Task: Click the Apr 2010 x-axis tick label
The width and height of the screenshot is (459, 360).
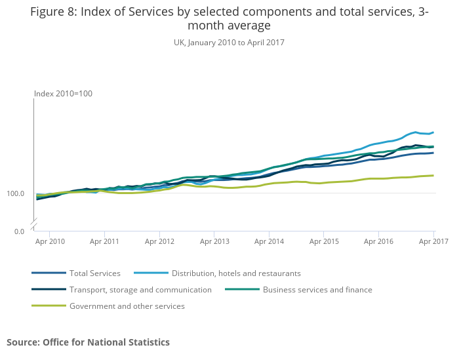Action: click(50, 242)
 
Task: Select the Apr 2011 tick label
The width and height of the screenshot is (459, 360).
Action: click(104, 242)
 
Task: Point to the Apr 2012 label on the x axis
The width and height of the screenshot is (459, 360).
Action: click(159, 242)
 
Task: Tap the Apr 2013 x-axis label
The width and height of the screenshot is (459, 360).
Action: click(214, 242)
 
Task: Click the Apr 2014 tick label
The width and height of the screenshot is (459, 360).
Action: click(269, 242)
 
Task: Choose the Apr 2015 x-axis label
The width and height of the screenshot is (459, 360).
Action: click(324, 242)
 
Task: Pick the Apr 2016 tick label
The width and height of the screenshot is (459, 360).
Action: click(379, 242)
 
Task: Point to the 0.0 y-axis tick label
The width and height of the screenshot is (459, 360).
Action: click(19, 231)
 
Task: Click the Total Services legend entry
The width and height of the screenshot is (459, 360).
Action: click(94, 273)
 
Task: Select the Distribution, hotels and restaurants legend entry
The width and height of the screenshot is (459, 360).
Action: click(236, 273)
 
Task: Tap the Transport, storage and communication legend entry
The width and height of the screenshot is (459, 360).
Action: click(140, 290)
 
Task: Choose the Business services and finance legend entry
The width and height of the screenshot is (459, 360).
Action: click(317, 290)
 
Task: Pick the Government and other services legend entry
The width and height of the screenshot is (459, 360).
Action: click(127, 306)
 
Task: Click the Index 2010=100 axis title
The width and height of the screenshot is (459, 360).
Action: click(64, 94)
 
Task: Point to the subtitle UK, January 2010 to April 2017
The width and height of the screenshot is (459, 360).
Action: click(229, 43)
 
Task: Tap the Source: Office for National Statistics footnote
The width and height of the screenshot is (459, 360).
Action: click(89, 342)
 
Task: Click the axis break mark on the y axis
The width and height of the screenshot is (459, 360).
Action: click(34, 224)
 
